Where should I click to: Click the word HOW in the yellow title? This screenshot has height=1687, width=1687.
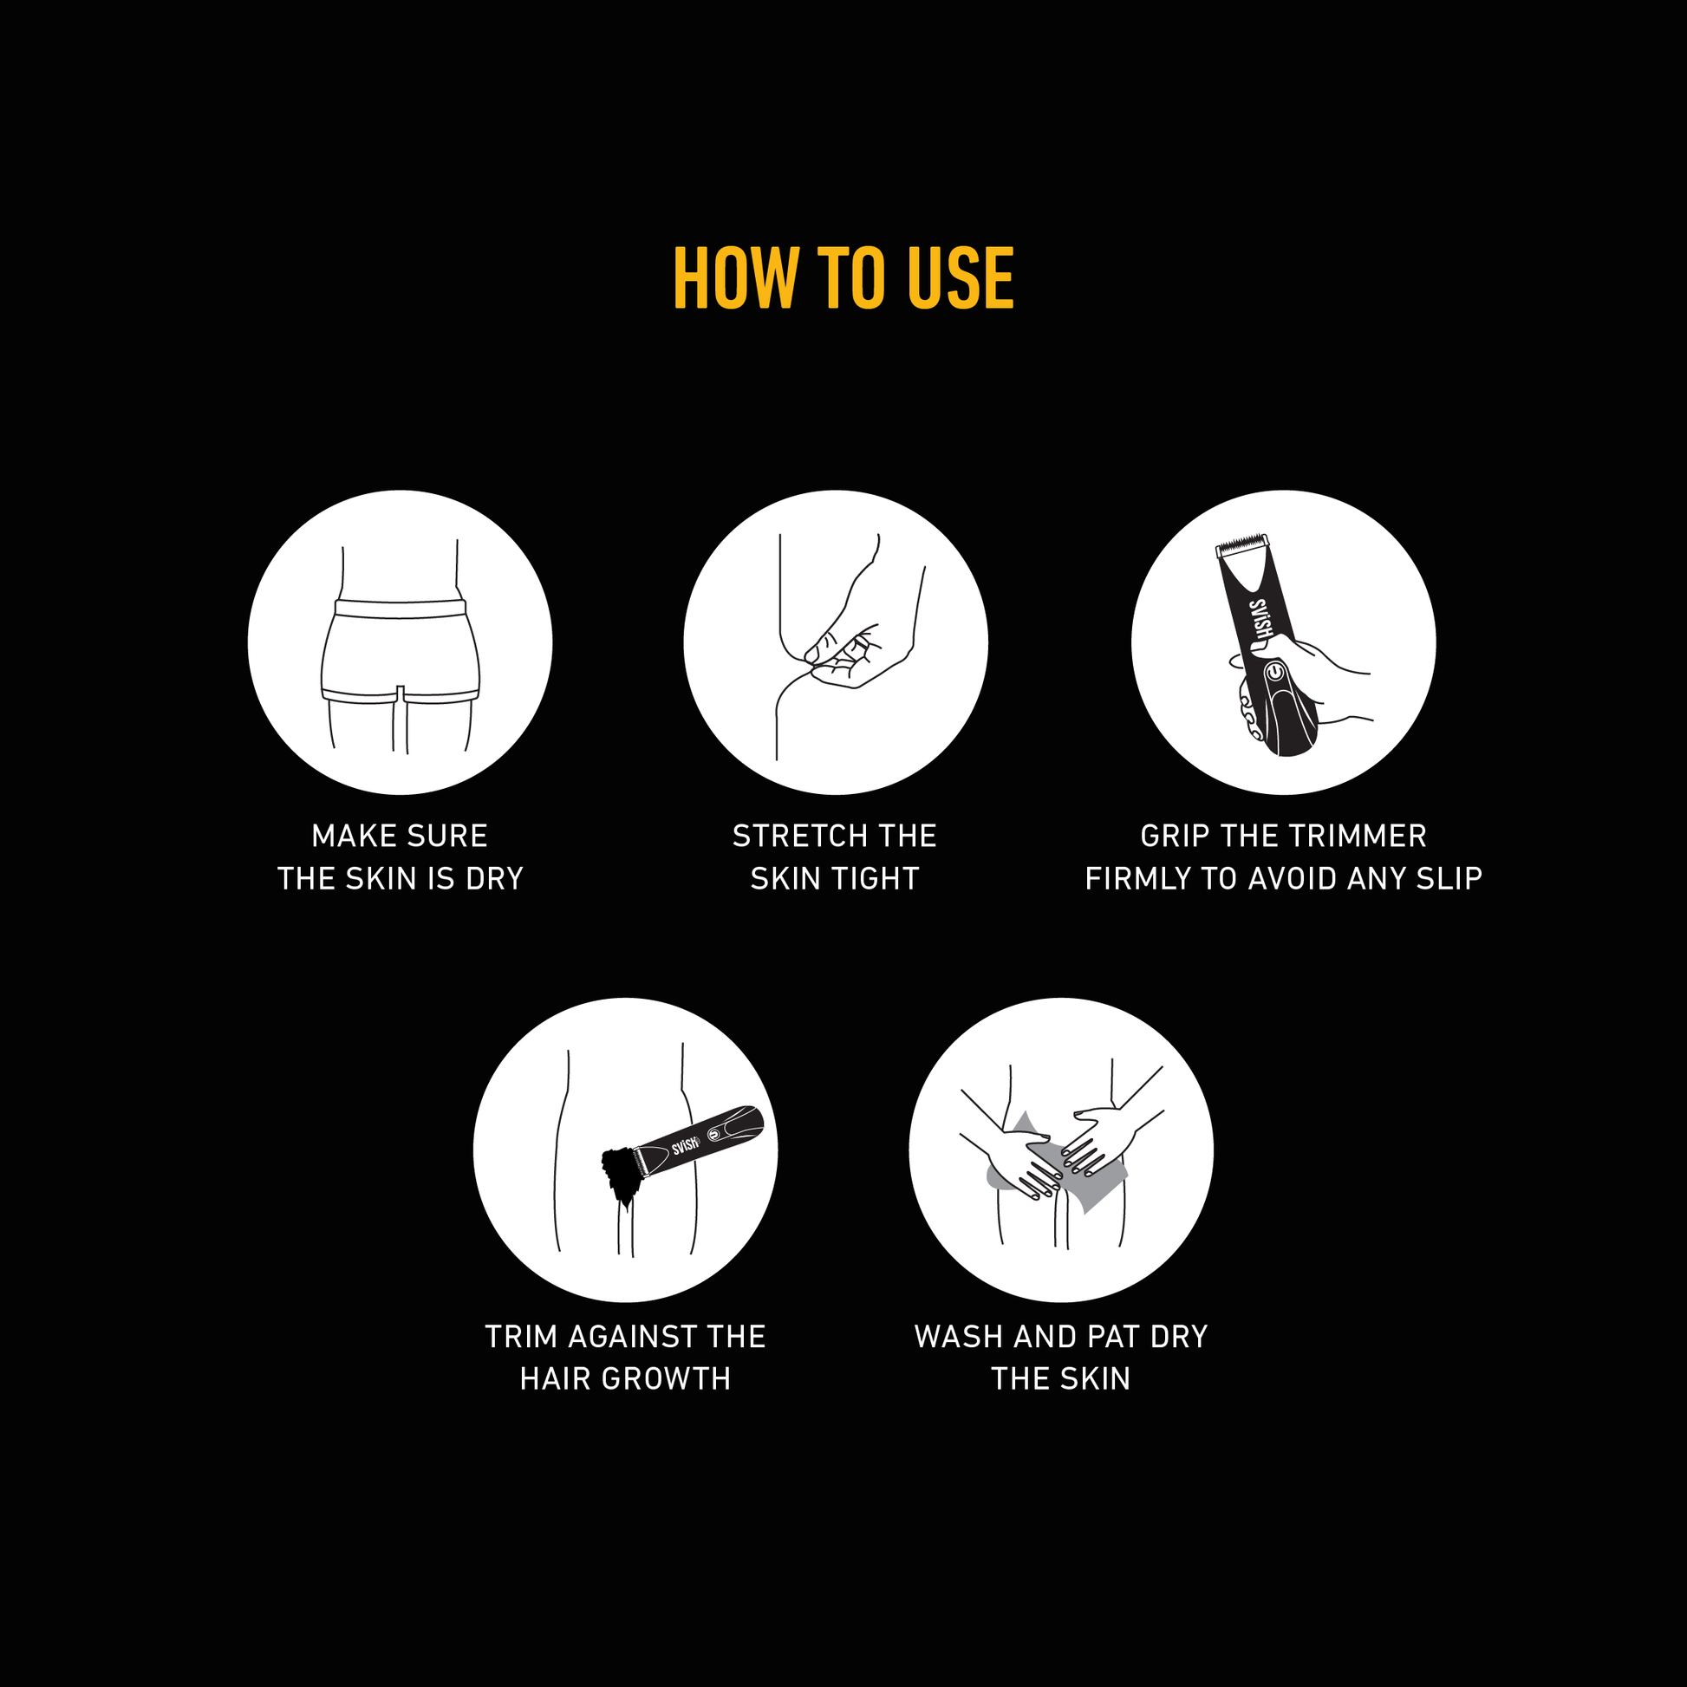[735, 277]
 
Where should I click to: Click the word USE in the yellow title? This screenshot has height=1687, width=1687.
[961, 277]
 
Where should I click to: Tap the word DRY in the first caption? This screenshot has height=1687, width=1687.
[494, 878]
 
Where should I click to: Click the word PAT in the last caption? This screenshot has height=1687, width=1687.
[1114, 1336]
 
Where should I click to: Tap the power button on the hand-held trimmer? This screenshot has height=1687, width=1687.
[1276, 673]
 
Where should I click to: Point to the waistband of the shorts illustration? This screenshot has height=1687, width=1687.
[400, 609]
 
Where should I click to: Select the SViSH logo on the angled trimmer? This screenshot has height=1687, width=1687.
[687, 1144]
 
